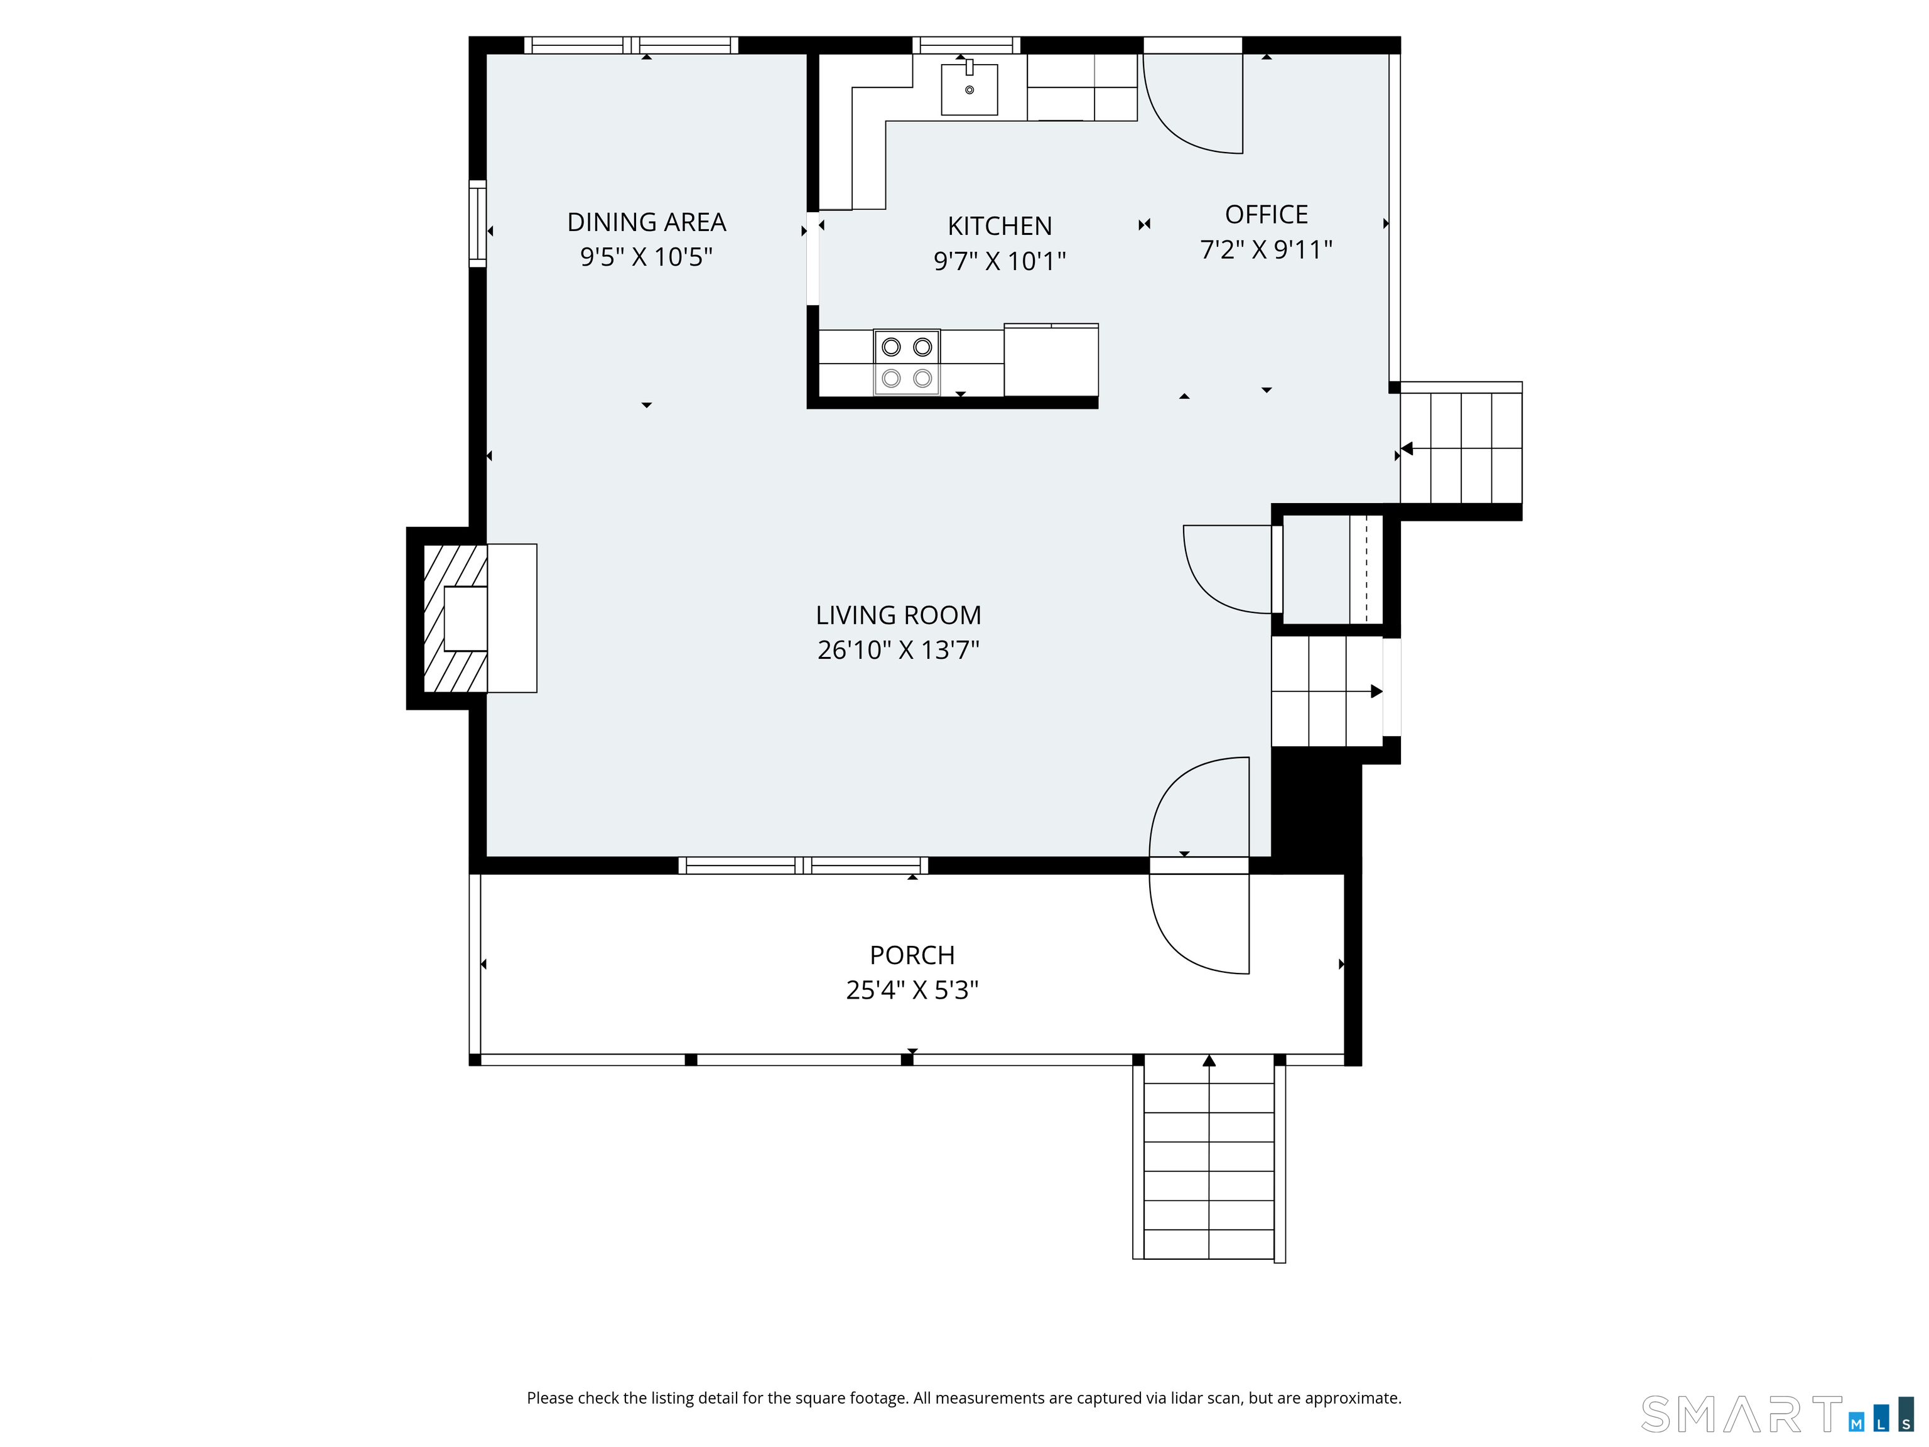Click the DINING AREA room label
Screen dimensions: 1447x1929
coord(646,222)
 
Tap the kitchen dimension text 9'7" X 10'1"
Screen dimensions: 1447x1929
coord(1000,261)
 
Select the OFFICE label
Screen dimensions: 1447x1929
coord(1267,215)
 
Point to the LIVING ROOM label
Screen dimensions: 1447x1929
coord(898,615)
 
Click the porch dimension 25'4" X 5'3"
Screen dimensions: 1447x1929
coord(912,990)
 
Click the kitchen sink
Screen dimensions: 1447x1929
coord(969,89)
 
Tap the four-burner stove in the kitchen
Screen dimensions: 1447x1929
coord(907,362)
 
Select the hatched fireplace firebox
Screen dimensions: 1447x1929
coord(453,619)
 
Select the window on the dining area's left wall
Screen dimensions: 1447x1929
coord(477,224)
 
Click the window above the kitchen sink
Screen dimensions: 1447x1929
coord(966,45)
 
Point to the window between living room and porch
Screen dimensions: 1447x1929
coord(803,865)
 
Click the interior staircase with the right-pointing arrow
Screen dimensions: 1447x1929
coord(1326,691)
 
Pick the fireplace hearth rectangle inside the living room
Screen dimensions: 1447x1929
coord(512,619)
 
